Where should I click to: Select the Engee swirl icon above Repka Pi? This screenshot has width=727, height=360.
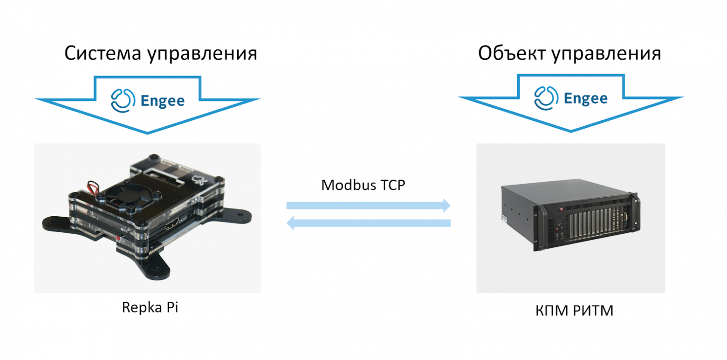coord(122,99)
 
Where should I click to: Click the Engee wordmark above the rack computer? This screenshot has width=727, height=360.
coord(585,98)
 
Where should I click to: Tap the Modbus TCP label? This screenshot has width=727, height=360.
coord(363,185)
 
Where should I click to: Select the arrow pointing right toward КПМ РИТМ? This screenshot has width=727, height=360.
coord(368,205)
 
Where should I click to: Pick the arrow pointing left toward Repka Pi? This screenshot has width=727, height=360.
coord(368,223)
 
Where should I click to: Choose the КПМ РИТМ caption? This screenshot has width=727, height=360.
coord(574,310)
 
